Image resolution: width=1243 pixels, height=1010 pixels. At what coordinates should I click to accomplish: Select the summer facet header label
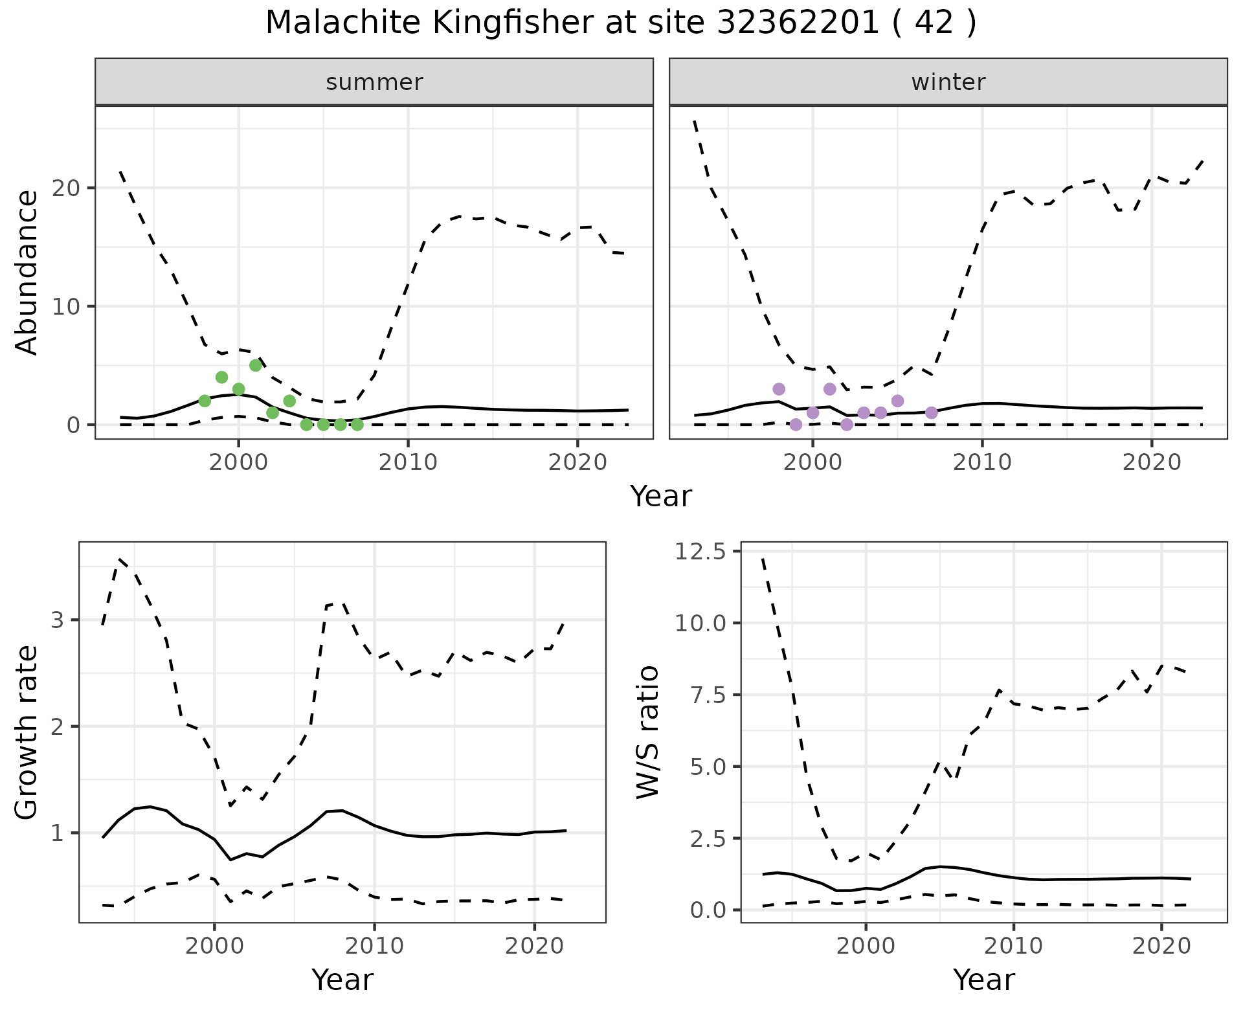tap(374, 82)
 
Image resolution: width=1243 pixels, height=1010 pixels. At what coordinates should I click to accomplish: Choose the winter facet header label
tap(948, 82)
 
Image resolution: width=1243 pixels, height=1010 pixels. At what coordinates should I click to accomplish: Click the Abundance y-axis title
tap(27, 272)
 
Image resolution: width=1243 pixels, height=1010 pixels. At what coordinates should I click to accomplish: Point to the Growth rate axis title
tap(27, 732)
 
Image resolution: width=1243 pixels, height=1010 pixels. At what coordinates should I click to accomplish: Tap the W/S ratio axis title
tap(647, 732)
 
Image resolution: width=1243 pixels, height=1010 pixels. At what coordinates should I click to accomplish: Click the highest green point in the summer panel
tap(256, 365)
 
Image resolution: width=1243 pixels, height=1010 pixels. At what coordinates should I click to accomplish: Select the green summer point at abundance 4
tap(221, 377)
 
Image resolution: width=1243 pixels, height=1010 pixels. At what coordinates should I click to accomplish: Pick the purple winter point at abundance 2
tap(897, 401)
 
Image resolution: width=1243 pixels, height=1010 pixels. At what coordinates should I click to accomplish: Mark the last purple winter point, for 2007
tap(932, 412)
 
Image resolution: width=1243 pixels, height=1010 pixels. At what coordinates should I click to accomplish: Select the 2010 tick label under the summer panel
tap(408, 463)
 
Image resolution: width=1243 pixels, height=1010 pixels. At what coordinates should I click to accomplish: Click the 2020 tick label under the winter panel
tap(1152, 463)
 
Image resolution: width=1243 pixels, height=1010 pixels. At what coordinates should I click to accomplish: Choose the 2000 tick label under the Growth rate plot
tap(214, 946)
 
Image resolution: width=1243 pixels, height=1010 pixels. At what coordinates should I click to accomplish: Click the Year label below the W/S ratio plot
tap(983, 980)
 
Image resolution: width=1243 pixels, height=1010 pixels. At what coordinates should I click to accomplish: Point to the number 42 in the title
tap(935, 23)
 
